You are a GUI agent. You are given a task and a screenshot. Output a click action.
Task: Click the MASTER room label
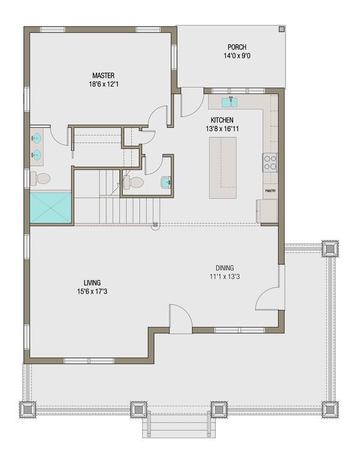pos(103,75)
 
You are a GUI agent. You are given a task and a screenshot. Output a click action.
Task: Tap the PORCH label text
pos(236,48)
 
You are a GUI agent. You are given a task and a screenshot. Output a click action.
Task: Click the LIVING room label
pos(92,282)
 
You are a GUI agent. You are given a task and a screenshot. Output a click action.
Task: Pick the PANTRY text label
pos(270,191)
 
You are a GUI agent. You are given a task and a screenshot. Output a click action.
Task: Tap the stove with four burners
pos(270,162)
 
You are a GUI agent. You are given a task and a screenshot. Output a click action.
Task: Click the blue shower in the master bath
pos(50,208)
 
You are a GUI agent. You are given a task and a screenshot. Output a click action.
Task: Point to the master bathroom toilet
pos(41,178)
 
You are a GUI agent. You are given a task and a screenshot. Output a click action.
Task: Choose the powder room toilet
pos(134,182)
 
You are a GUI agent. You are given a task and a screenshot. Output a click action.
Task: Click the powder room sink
pos(166,181)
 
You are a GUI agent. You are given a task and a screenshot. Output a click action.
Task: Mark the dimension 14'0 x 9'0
pos(236,58)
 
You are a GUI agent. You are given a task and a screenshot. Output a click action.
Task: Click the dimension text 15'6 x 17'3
pos(92,292)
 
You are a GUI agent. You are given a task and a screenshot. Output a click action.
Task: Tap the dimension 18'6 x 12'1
pos(103,85)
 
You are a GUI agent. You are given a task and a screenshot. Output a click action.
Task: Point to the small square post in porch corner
pos(281,29)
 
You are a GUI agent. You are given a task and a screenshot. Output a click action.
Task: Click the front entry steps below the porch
pos(178,427)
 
